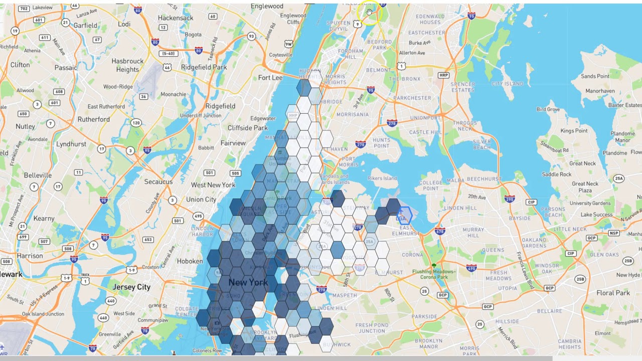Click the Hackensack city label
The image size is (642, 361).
pos(175,18)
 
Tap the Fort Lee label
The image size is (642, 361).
pos(270,78)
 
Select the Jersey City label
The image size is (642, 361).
pos(131,287)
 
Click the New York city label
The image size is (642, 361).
pos(248,282)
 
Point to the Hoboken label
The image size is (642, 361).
pos(190,261)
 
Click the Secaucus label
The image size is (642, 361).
pos(158,182)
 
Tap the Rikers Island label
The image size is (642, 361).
pos(382,178)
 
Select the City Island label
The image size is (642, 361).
pos(507,84)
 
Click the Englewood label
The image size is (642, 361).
pos(266,6)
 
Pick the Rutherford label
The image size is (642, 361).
pos(93,119)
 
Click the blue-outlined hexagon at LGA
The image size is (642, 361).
pos(403,216)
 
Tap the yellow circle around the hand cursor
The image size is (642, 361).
pos(370,14)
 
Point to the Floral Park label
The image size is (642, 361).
pos(613,292)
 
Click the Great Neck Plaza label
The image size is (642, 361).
pos(585,187)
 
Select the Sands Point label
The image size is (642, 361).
pos(595,76)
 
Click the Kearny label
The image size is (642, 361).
pos(44,218)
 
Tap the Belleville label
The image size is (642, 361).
pos(38,175)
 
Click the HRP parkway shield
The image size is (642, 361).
pos(443,75)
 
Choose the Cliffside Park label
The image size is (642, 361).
pos(248,128)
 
